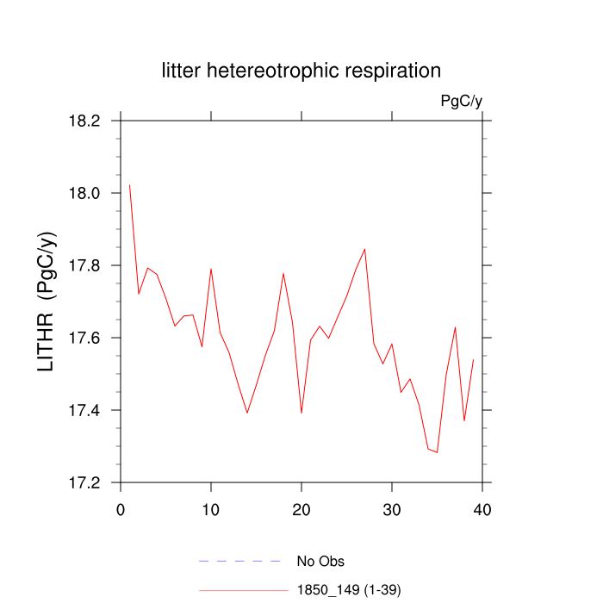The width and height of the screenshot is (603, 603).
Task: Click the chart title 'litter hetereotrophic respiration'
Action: (301, 71)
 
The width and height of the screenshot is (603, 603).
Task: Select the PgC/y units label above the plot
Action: (461, 101)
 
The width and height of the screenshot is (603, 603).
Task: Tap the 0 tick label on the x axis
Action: (121, 510)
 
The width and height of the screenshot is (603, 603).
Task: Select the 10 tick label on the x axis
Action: (211, 510)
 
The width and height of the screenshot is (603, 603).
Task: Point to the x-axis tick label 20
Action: (301, 510)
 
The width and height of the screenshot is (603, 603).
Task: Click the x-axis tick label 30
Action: (392, 510)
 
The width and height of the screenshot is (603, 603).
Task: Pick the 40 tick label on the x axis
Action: (482, 510)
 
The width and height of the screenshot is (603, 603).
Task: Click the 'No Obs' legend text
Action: (320, 562)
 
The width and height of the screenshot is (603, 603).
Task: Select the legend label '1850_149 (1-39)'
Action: (349, 590)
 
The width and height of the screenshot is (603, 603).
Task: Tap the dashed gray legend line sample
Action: (240, 562)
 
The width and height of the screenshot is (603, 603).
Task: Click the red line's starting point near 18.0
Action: (129, 184)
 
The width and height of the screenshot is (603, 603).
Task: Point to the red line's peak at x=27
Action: (365, 249)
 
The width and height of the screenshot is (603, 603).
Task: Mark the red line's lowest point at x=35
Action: (438, 452)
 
